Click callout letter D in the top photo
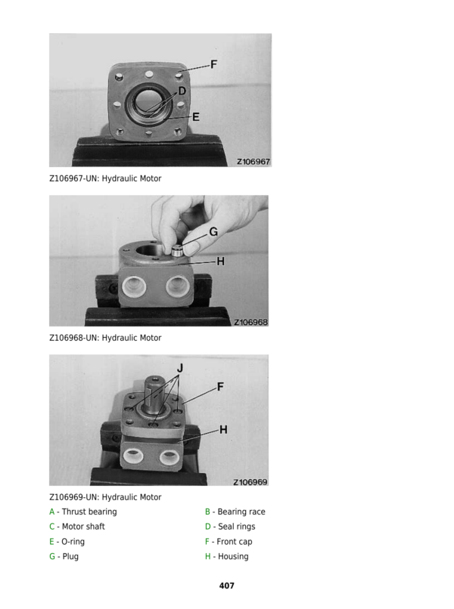tap(182, 91)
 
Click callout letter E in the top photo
tap(196, 117)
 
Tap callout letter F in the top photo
tap(213, 64)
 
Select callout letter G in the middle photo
tap(213, 232)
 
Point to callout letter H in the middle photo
tap(221, 261)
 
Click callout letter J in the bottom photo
tap(180, 368)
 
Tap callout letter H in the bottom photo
tap(223, 430)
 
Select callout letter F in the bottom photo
tap(220, 387)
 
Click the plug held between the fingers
tap(177, 251)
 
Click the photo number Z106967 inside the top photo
tap(253, 162)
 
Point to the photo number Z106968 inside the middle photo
tap(250, 322)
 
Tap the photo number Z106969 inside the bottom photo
tap(250, 482)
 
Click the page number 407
tap(227, 586)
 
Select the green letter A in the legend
tap(51, 512)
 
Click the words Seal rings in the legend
tap(237, 527)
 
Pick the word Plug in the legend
tap(70, 557)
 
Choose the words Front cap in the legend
tap(235, 542)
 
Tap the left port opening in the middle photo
tap(134, 286)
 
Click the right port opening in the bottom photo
tap(169, 459)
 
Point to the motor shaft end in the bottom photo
tap(155, 379)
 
